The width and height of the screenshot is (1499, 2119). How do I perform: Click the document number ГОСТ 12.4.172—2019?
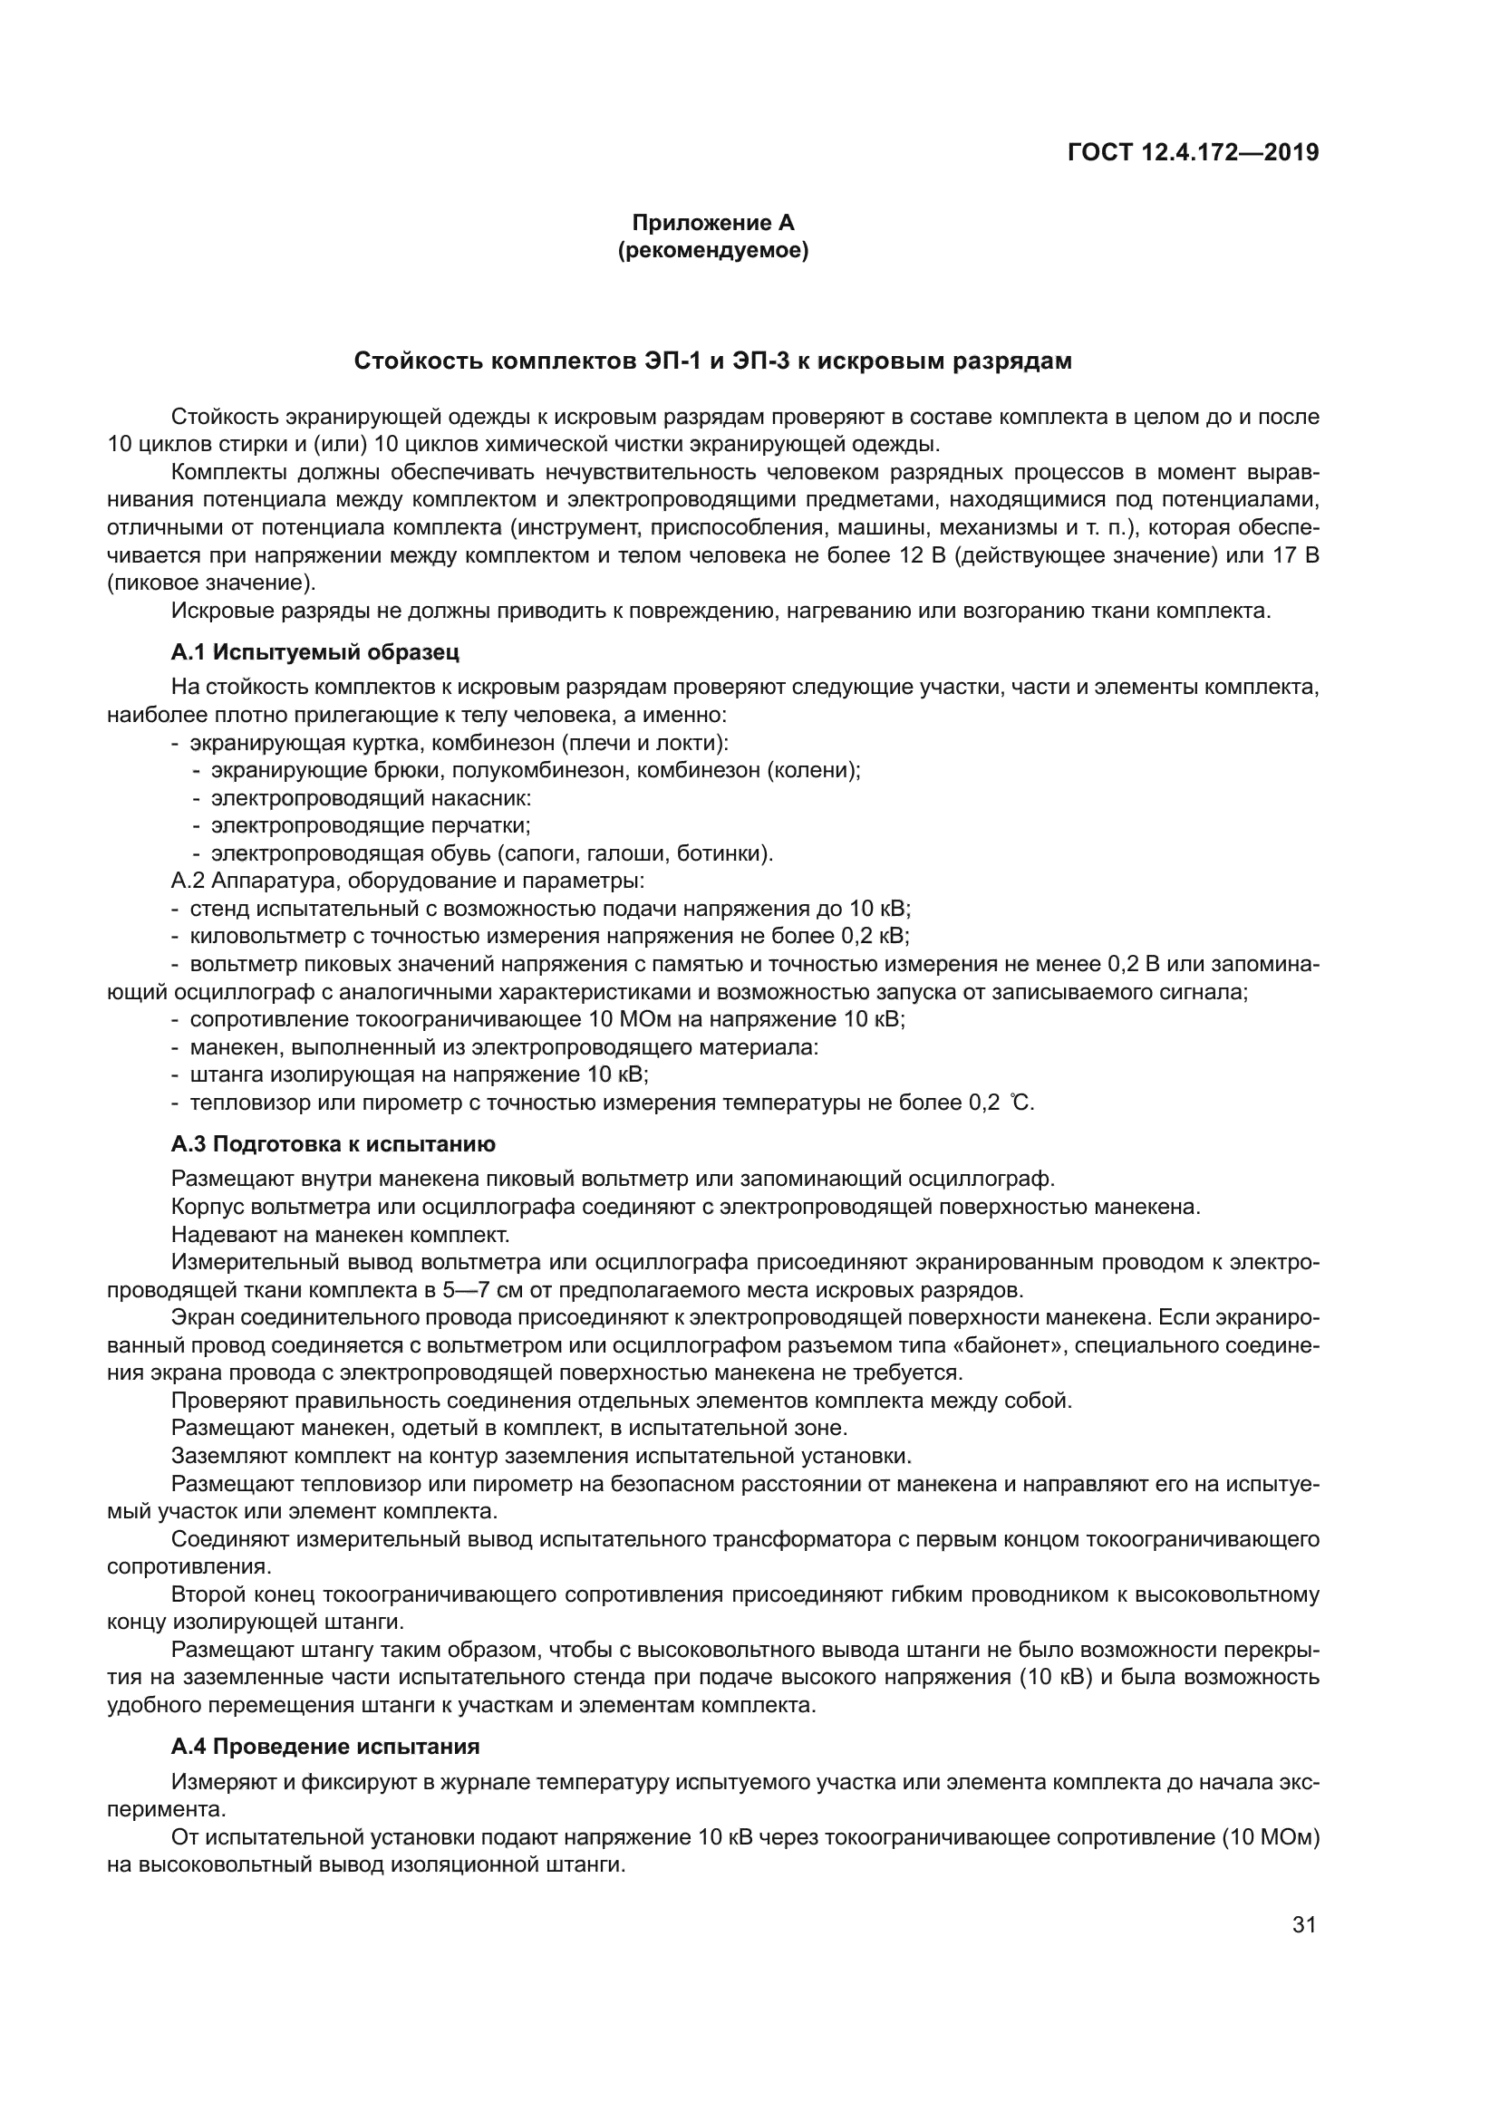point(1193,152)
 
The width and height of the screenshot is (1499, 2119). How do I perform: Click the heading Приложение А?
point(712,223)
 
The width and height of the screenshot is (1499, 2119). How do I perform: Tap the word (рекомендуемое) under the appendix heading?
point(712,251)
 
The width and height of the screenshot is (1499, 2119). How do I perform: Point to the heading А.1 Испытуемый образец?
point(314,652)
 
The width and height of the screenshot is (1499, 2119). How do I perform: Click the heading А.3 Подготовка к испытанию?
point(334,1144)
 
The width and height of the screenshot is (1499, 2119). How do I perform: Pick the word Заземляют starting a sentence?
point(229,1456)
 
